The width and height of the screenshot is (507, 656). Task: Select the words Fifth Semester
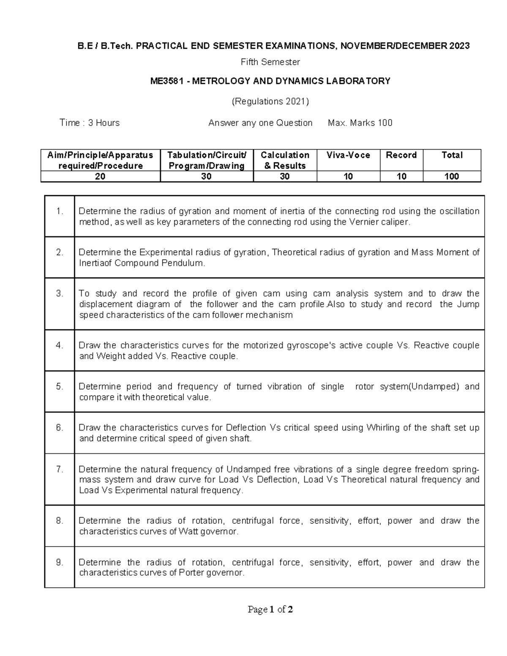[270, 62]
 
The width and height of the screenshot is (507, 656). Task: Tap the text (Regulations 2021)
[270, 101]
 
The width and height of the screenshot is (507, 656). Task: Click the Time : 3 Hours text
[90, 123]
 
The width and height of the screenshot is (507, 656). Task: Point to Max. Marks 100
[360, 123]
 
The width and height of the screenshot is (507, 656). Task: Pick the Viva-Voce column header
[348, 155]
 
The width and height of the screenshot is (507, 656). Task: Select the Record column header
[401, 155]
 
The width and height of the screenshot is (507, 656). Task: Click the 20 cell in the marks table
[100, 177]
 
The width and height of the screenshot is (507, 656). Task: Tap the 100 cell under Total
[452, 177]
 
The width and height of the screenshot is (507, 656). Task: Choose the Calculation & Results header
[285, 160]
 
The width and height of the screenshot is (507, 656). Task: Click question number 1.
[59, 211]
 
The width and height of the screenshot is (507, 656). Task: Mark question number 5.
[59, 387]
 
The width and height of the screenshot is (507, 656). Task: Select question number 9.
[59, 562]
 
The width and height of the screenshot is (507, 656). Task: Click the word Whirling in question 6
[383, 427]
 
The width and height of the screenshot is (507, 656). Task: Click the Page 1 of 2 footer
[270, 609]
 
